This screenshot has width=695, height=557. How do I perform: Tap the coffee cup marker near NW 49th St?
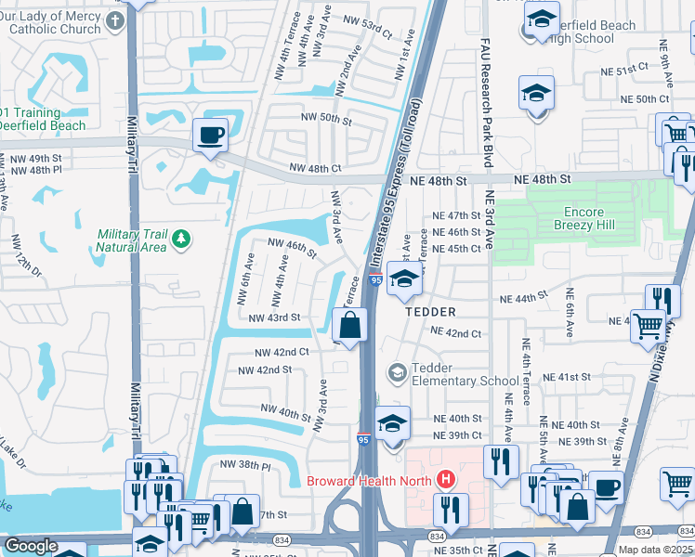click(210, 136)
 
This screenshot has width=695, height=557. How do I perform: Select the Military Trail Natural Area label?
click(132, 240)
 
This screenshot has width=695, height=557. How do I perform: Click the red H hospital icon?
click(447, 480)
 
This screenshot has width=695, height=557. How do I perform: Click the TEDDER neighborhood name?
click(430, 313)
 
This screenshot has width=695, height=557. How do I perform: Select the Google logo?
click(31, 545)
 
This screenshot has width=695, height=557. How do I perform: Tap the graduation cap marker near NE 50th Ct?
click(536, 94)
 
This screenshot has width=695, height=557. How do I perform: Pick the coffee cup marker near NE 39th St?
click(608, 486)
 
